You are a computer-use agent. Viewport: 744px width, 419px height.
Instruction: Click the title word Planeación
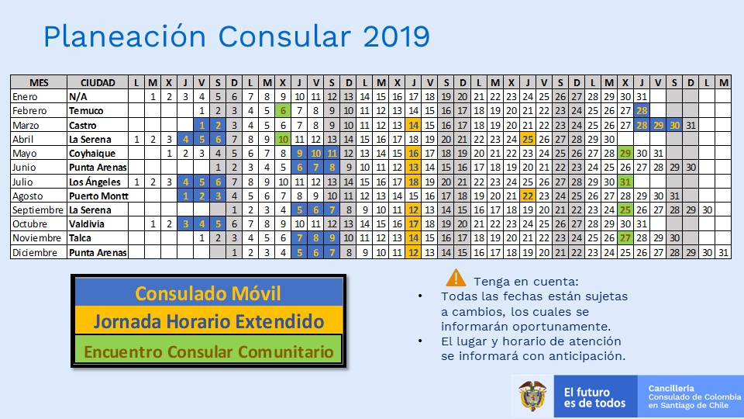coord(125,36)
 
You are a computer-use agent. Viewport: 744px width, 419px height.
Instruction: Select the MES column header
coord(39,83)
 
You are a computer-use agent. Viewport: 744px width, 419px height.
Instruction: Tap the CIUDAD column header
coord(98,83)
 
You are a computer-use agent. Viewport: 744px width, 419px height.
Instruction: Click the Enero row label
coord(25,96)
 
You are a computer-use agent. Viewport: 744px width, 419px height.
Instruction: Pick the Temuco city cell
coord(86,111)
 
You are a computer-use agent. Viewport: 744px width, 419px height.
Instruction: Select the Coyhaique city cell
coord(92,154)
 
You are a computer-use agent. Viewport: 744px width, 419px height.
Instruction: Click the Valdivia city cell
coord(86,223)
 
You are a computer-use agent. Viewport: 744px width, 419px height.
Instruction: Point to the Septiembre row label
coord(37,210)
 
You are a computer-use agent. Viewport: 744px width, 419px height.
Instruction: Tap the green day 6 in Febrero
coord(284,111)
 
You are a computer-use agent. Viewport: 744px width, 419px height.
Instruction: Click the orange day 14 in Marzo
coord(414,126)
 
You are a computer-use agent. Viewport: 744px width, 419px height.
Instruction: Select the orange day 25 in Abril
coord(528,139)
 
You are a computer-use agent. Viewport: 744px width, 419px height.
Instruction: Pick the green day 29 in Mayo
coord(625,154)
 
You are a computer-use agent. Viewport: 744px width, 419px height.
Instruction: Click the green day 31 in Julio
coord(625,182)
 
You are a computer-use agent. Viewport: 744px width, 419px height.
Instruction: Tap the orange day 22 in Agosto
coord(528,196)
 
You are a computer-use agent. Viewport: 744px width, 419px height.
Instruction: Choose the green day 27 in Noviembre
coord(625,238)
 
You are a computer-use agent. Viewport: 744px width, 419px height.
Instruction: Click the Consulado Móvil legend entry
coord(208,293)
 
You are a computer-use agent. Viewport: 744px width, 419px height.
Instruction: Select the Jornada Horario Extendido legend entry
coord(208,320)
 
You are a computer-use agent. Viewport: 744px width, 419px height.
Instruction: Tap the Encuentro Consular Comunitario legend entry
coord(208,351)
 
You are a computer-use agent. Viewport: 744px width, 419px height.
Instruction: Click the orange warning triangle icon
coord(456,278)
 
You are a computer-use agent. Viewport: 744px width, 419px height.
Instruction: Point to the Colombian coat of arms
coord(532,396)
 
